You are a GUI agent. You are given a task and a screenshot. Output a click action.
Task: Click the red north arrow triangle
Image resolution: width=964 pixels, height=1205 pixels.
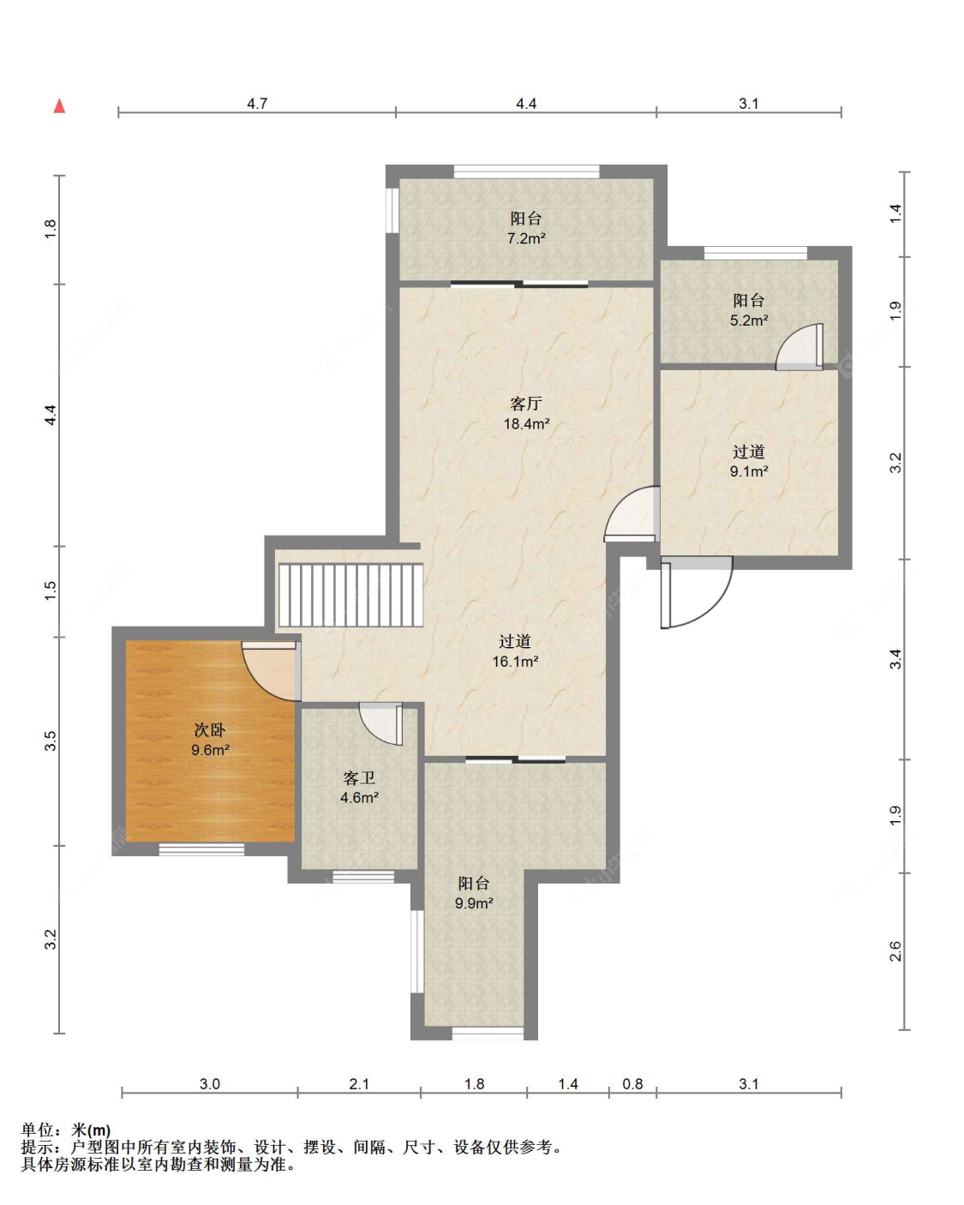click(59, 105)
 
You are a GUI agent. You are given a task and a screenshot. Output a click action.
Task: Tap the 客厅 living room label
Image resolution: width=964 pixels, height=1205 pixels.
click(525, 403)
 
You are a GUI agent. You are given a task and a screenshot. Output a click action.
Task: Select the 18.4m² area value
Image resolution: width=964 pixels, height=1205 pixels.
click(526, 424)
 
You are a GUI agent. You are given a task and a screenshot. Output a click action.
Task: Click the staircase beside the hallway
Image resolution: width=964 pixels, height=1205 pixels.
click(351, 595)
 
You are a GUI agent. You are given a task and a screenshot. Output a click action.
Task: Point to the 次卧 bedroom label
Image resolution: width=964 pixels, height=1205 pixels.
click(209, 729)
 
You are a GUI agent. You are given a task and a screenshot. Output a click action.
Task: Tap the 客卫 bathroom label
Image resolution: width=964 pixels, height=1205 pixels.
click(359, 777)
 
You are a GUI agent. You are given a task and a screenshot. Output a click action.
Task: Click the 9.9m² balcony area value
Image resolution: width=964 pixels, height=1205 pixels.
click(474, 903)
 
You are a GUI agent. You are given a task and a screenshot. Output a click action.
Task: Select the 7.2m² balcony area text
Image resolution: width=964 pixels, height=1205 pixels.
click(526, 238)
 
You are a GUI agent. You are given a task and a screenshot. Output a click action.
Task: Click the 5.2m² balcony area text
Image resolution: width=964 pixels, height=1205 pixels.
click(748, 321)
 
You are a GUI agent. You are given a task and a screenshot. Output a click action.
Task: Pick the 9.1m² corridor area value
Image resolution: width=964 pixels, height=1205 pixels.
click(748, 471)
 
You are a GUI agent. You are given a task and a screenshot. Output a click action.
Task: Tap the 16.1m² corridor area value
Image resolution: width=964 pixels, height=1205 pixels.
click(515, 662)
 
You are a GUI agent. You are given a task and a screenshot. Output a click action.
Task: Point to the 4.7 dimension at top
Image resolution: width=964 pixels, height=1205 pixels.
click(257, 104)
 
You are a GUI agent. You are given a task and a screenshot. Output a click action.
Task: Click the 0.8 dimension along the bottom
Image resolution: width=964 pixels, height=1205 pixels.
click(632, 1084)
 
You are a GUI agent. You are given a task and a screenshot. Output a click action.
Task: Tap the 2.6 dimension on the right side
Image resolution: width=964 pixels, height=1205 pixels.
click(895, 950)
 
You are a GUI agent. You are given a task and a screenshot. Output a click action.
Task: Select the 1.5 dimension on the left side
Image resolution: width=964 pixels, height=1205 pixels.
click(51, 591)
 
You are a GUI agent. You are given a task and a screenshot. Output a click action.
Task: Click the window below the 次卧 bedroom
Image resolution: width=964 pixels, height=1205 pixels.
click(201, 849)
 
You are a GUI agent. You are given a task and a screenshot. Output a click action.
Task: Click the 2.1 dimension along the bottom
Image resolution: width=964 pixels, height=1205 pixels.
click(359, 1084)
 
